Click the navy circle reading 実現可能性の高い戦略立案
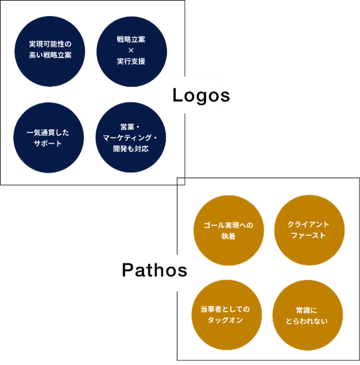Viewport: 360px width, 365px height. (49, 51)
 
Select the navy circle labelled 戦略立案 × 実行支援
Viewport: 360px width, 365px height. (131, 51)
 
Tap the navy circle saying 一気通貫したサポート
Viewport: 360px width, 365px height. (48, 138)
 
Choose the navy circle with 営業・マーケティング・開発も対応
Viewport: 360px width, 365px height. (130, 138)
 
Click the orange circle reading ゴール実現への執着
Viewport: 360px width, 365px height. (229, 230)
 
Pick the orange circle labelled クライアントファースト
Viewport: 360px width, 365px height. (309, 230)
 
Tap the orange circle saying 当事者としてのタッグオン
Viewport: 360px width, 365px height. (227, 314)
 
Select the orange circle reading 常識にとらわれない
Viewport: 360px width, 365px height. (307, 315)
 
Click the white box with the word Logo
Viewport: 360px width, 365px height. (196, 95)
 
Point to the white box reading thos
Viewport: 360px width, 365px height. (171, 270)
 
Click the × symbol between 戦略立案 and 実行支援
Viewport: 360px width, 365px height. (131, 51)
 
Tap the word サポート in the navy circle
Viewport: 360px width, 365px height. (48, 143)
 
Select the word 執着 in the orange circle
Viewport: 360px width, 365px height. (229, 236)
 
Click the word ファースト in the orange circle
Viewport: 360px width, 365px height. (308, 235)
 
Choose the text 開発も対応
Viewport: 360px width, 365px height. (131, 149)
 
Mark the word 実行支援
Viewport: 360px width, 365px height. (131, 61)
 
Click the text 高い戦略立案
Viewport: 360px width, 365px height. (49, 56)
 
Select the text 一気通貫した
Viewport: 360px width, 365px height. (48, 133)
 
